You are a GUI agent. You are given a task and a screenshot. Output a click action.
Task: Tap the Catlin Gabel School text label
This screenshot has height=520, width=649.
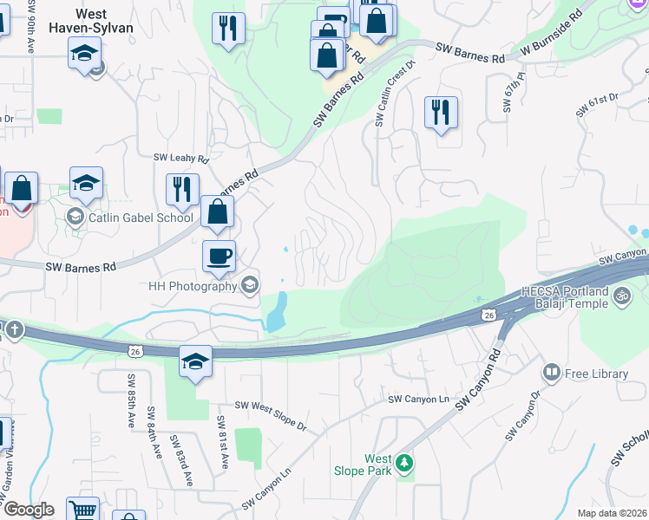pyautogui.click(x=141, y=218)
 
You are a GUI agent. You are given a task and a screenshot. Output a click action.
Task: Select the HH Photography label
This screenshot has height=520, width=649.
pyautogui.click(x=192, y=286)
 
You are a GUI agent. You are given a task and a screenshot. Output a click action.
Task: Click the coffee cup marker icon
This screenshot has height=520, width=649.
pyautogui.click(x=219, y=256)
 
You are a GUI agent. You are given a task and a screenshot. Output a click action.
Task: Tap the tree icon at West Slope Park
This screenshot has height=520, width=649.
pyautogui.click(x=403, y=465)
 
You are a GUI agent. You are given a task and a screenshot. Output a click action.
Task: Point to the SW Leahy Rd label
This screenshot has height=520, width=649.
pyautogui.click(x=181, y=159)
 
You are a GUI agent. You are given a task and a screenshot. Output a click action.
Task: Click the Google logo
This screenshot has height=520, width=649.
pyautogui.click(x=29, y=510)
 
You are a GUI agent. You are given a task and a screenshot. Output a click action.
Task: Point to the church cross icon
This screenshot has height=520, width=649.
pyautogui.click(x=14, y=329)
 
